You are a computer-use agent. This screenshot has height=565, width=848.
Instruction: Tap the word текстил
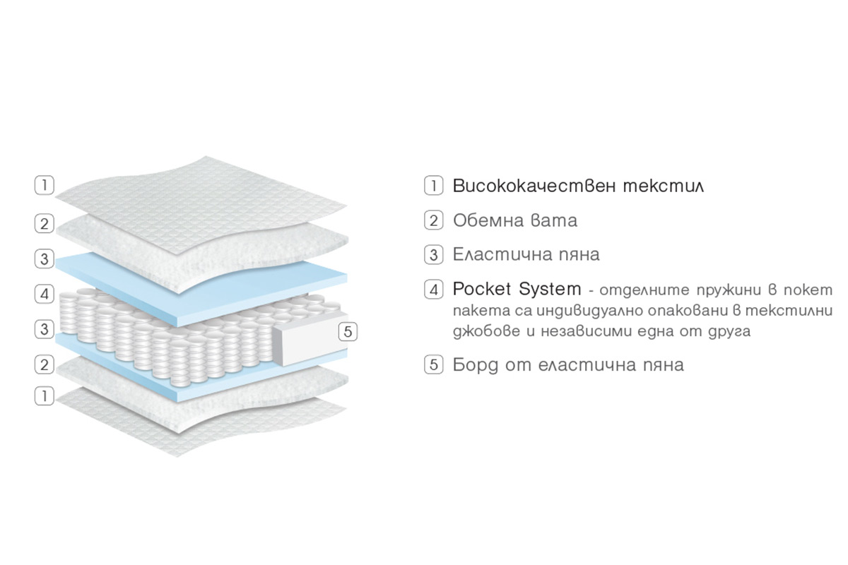664,186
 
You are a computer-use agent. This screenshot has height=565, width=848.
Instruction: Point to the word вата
554,220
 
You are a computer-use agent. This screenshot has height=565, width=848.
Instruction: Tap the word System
550,290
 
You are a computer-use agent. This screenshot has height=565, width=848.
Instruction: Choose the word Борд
475,365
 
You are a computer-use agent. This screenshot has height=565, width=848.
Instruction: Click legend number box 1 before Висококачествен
433,186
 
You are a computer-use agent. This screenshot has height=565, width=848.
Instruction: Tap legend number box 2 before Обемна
433,220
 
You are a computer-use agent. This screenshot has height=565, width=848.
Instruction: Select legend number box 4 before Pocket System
433,290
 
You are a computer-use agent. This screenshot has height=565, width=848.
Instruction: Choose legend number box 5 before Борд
433,365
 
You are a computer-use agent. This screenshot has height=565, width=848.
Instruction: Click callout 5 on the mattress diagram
348,332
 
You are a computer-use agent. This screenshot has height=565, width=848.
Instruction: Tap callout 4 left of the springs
45,294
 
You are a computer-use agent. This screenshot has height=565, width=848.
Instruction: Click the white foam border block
310,339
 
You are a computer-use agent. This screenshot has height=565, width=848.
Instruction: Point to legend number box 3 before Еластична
433,255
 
